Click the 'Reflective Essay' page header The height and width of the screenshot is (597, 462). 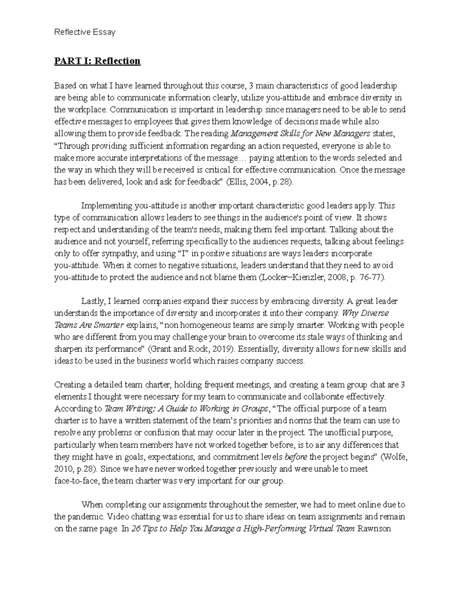pyautogui.click(x=85, y=32)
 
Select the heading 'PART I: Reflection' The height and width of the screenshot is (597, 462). pyautogui.click(x=97, y=61)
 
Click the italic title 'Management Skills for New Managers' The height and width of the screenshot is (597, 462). pyautogui.click(x=300, y=134)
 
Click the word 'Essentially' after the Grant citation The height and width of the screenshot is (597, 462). pyautogui.click(x=258, y=349)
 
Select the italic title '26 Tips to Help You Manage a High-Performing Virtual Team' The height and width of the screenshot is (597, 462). pyautogui.click(x=243, y=529)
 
